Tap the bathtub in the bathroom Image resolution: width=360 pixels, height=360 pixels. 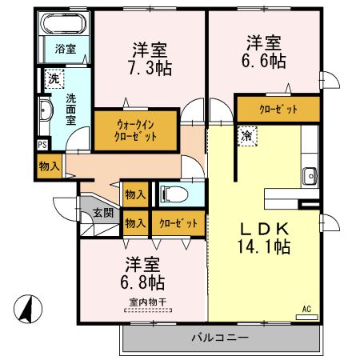point(65,25)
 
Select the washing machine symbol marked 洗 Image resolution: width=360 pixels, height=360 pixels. point(53,78)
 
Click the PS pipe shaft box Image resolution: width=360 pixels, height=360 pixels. point(42,145)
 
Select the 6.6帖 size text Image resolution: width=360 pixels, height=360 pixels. point(264,59)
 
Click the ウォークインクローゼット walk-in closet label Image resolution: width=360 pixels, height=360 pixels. point(136,130)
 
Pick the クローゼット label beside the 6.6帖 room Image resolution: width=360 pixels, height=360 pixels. point(278,108)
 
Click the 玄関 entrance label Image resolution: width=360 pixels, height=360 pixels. point(102,213)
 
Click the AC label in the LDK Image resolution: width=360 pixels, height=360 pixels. point(306,308)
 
